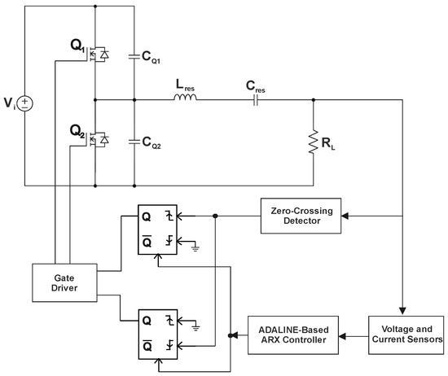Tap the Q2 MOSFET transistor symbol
click(95, 139)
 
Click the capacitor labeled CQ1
click(132, 57)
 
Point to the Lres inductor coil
click(185, 99)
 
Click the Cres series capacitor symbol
click(257, 100)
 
